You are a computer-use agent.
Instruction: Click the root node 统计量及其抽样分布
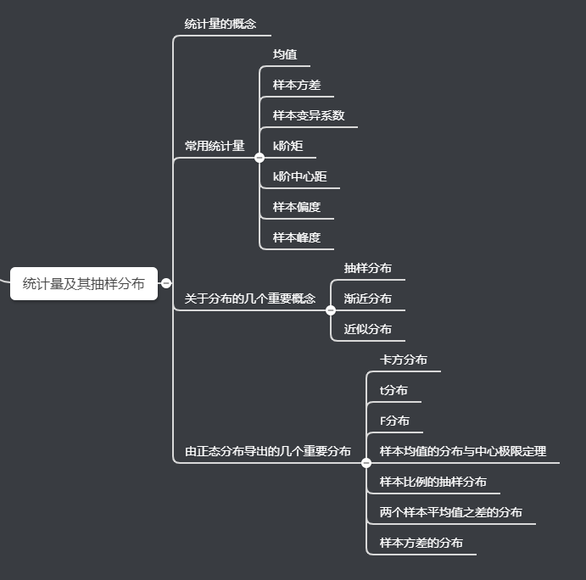click(x=84, y=284)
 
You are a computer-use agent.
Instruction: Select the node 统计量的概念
click(x=220, y=24)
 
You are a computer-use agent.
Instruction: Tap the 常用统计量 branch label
click(x=215, y=146)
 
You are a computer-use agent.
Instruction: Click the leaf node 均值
click(x=285, y=54)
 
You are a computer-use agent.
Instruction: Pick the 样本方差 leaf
click(x=297, y=85)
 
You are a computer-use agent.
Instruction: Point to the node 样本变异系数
click(x=309, y=115)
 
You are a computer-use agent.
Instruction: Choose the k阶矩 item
click(x=287, y=146)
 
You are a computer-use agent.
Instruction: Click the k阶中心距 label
click(x=299, y=176)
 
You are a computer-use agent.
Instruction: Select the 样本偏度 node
click(x=297, y=207)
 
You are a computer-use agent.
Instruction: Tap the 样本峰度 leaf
click(x=297, y=237)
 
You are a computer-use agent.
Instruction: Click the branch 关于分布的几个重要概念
click(x=250, y=298)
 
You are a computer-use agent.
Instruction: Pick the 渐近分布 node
click(x=368, y=298)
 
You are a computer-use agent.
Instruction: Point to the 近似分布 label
click(x=368, y=329)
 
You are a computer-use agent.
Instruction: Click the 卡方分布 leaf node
click(x=404, y=360)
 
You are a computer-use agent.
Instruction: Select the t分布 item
click(x=393, y=390)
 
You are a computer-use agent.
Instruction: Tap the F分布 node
click(x=395, y=421)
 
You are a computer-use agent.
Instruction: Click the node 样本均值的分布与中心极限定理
click(x=463, y=451)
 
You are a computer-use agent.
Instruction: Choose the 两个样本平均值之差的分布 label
click(x=451, y=512)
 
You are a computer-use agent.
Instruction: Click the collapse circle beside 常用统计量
click(x=260, y=157)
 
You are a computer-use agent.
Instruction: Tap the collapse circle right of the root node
click(x=166, y=283)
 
